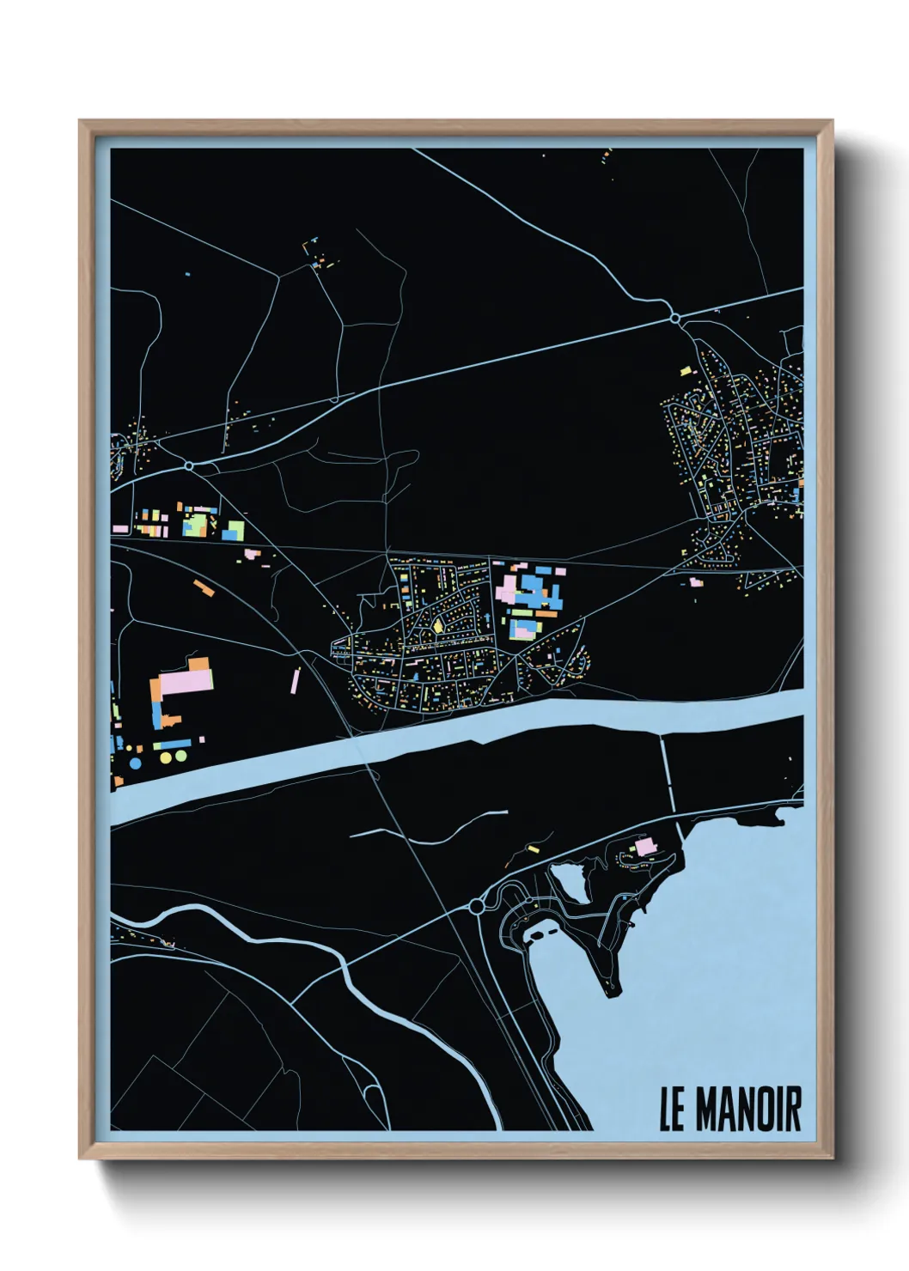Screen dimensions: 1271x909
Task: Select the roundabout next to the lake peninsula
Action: coord(477,906)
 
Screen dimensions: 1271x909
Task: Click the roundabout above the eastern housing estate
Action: coord(675,319)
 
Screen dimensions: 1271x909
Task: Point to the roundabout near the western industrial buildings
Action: coord(188,465)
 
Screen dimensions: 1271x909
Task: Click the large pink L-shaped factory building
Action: coord(184,684)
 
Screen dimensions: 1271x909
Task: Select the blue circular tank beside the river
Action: coord(135,763)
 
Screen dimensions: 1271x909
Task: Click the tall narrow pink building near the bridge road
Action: coord(295,681)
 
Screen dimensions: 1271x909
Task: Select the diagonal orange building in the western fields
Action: coord(203,587)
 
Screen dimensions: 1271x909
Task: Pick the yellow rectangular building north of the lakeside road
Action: coord(533,849)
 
